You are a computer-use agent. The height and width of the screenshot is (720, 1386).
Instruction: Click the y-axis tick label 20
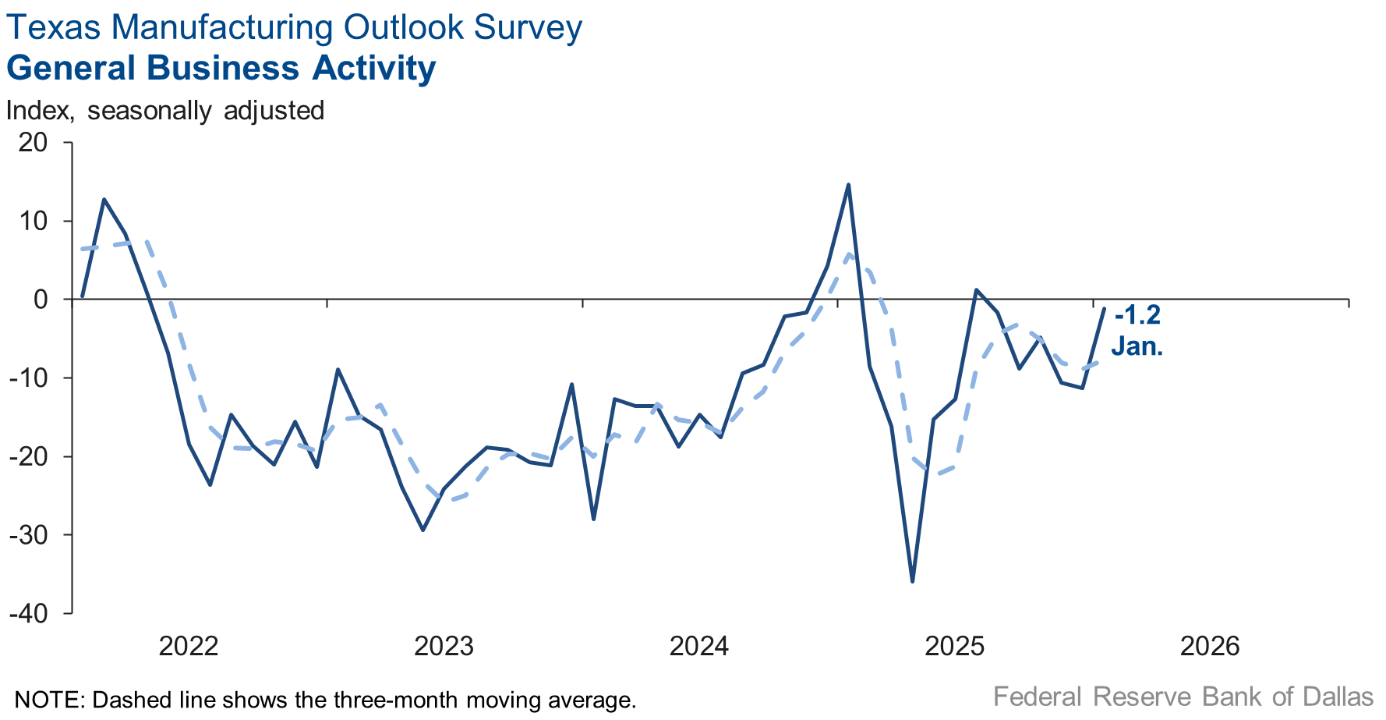[x=34, y=143]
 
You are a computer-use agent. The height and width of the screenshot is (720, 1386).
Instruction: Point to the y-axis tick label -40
[x=29, y=614]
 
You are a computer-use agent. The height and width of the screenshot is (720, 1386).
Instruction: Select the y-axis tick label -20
[x=29, y=456]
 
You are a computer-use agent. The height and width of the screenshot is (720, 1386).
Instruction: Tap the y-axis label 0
[x=40, y=300]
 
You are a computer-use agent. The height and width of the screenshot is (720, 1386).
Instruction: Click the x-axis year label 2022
[x=188, y=647]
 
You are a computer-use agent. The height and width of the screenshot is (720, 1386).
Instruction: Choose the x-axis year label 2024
[x=699, y=647]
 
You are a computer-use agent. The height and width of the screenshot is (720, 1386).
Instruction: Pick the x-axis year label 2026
[x=1210, y=647]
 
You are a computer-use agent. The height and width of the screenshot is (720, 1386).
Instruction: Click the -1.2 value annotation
[x=1137, y=315]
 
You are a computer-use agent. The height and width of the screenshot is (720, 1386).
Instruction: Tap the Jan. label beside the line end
[x=1137, y=346]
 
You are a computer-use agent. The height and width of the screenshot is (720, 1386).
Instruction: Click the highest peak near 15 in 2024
[x=848, y=185]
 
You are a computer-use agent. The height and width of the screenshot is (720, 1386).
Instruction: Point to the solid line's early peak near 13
[x=104, y=199]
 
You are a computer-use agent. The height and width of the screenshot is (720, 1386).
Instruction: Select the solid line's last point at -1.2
[x=1104, y=309]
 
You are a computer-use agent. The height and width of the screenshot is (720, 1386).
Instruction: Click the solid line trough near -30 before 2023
[x=423, y=530]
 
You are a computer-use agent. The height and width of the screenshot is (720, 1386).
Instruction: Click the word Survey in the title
[x=528, y=27]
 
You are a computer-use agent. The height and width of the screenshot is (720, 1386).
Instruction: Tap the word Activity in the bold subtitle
[x=374, y=68]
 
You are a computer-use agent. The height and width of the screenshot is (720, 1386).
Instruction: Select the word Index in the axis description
[x=39, y=111]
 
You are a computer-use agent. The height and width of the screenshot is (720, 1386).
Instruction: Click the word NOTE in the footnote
[x=48, y=699]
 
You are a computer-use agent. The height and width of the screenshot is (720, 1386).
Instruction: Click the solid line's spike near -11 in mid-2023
[x=572, y=384]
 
